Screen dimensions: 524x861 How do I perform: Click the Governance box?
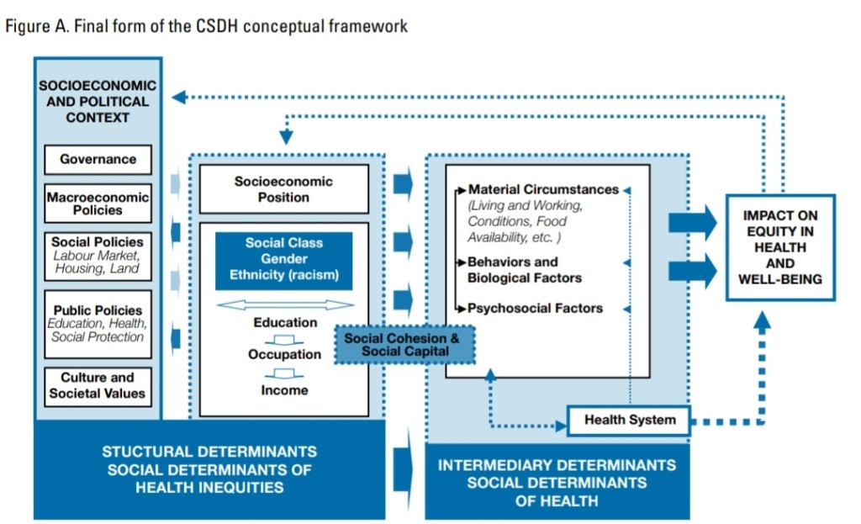tap(98, 159)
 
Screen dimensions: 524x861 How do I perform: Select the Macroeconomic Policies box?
tap(98, 204)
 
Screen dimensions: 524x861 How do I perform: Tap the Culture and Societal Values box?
tap(98, 386)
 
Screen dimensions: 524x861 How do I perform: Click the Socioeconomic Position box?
tap(283, 189)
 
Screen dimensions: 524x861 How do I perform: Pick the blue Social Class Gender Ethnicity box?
tap(283, 259)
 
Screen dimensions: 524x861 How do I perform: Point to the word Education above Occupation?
tap(285, 322)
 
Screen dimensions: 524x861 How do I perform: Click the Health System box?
tap(629, 420)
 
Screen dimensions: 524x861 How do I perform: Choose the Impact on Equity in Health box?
tap(779, 247)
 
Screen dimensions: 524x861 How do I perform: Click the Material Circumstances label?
tap(543, 190)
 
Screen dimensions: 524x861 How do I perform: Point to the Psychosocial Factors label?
tap(535, 308)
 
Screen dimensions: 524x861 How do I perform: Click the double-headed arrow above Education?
tap(284, 304)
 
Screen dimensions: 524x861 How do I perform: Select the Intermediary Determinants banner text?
tap(557, 482)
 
